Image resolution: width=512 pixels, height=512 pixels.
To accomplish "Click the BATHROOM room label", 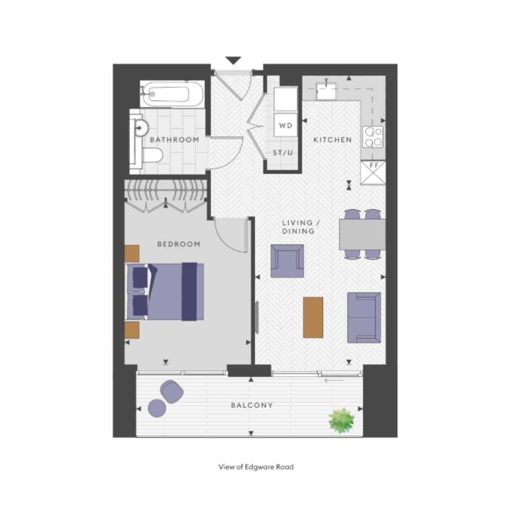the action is tap(175, 140).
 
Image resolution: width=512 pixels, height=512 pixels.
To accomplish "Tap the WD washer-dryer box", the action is tap(285, 125).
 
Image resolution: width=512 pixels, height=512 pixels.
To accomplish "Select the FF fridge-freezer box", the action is tap(373, 172).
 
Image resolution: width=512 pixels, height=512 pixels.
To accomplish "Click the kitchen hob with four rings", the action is tap(373, 137).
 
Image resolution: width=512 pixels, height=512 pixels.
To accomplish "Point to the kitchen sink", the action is tap(326, 91).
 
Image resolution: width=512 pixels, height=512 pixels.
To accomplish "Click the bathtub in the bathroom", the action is tap(172, 94).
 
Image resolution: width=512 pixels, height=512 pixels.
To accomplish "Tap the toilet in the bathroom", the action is tap(152, 155).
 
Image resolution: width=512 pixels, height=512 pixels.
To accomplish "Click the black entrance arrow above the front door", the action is tap(233, 60).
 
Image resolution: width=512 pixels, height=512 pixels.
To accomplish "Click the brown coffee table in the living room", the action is tap(313, 317).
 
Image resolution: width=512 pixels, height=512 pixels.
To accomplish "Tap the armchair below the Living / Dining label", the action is tap(287, 261).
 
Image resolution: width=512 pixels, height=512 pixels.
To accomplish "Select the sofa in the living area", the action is tap(364, 317).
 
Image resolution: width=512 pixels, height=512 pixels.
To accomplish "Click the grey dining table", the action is tap(362, 234).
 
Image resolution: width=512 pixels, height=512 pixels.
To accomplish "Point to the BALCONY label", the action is tap(252, 405).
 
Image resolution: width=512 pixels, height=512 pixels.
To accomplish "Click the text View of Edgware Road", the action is tap(256, 467).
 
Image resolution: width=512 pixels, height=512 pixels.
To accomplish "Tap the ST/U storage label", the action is tap(283, 152).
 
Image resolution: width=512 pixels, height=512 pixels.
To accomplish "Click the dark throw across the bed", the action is tap(189, 291).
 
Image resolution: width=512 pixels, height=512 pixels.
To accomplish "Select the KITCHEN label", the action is tap(333, 140).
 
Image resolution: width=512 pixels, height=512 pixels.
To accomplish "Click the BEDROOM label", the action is tap(178, 244).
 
